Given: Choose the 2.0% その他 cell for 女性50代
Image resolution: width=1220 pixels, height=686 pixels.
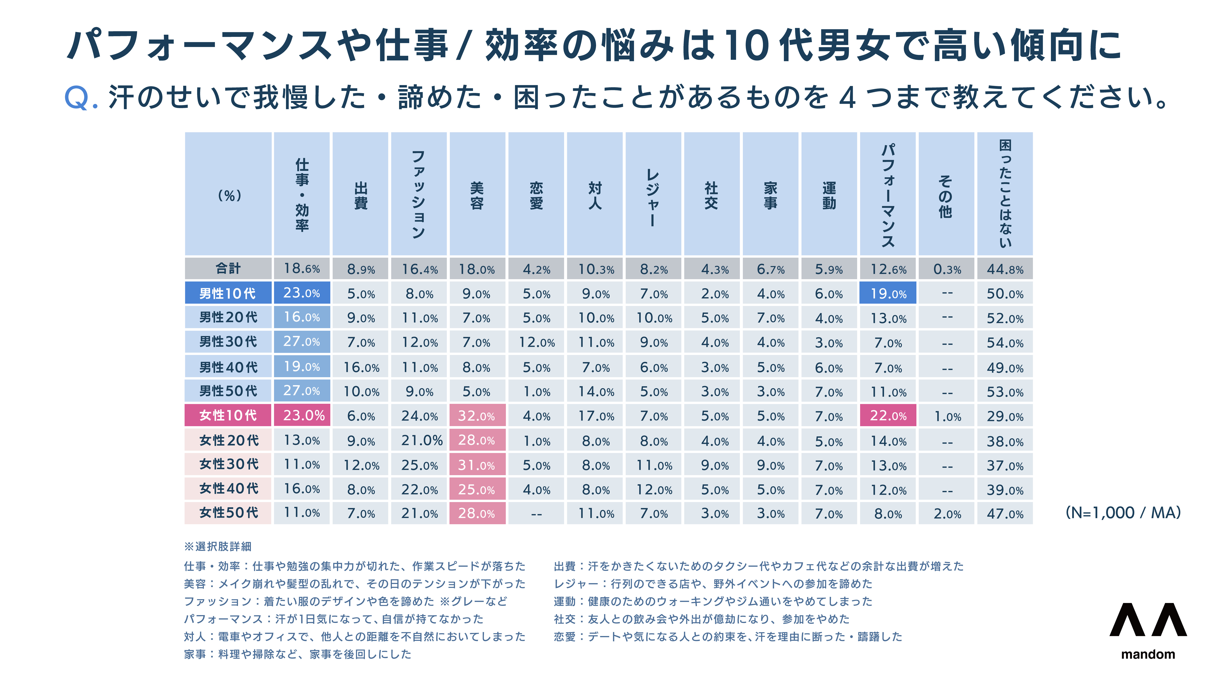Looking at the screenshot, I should (947, 514).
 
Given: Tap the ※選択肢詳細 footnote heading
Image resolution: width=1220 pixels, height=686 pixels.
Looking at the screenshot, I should (218, 546).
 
